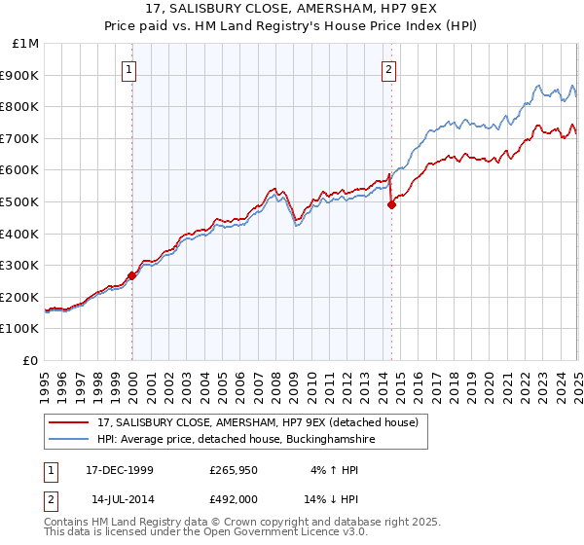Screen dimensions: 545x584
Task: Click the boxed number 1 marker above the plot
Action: click(129, 69)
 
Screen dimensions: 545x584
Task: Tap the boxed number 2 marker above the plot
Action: click(389, 69)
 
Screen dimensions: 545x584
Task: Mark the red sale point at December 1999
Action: click(131, 275)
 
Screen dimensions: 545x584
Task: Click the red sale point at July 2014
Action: click(391, 204)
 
